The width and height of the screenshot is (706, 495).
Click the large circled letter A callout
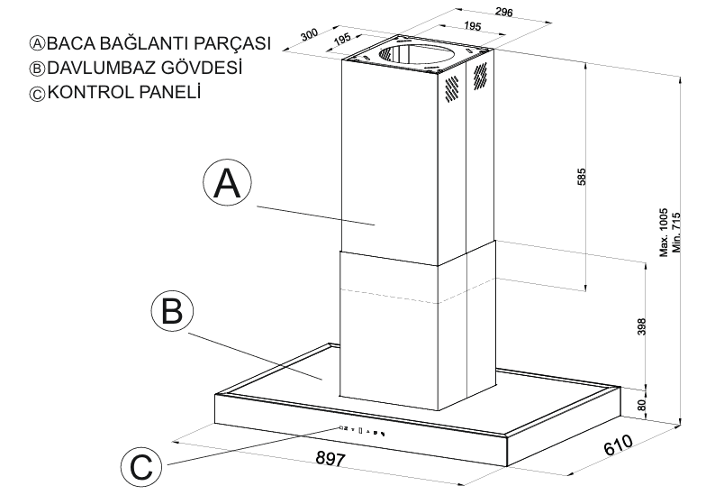coord(226,183)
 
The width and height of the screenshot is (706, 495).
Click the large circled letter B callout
coord(171,311)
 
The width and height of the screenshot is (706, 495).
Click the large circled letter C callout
coord(142,466)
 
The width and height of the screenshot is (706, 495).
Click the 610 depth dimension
coord(616,445)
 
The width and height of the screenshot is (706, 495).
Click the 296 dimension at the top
coord(503,12)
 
